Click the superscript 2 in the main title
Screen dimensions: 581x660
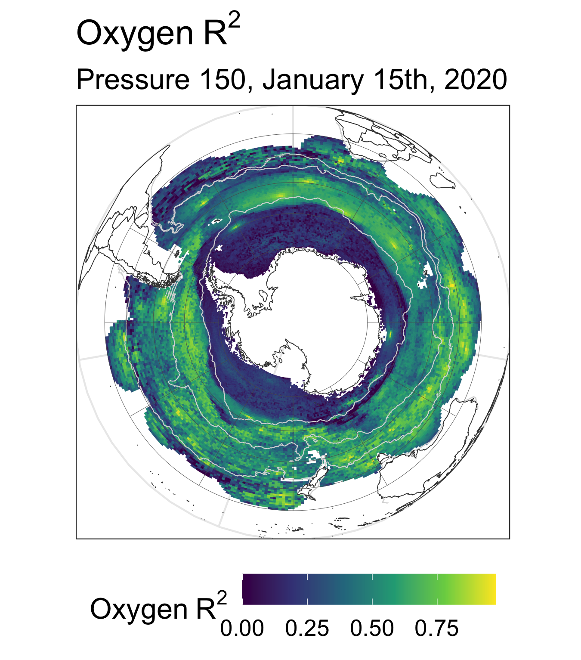(x=234, y=21)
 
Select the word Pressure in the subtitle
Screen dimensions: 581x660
(x=133, y=80)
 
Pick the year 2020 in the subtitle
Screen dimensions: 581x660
(x=476, y=80)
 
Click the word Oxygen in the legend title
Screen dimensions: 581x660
(x=139, y=610)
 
